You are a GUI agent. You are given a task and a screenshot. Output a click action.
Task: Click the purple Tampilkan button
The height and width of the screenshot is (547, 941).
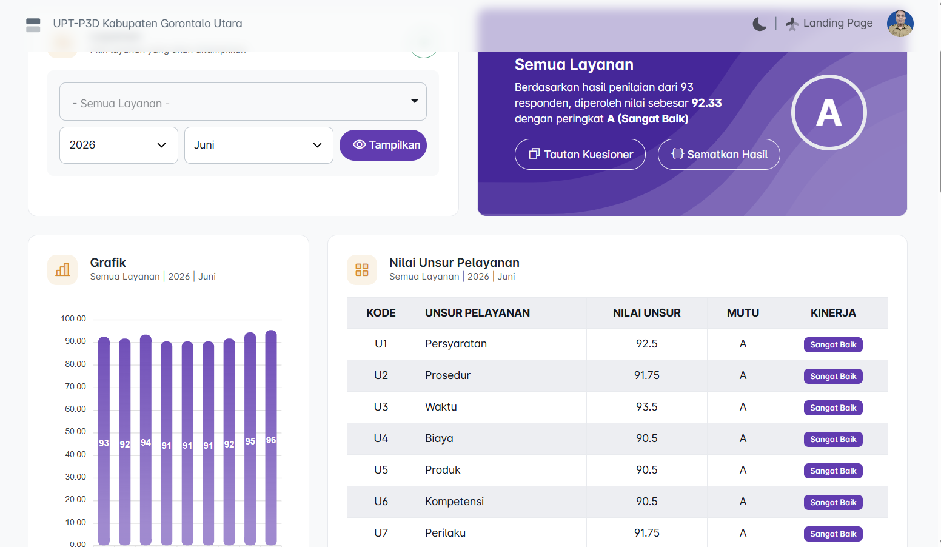383,145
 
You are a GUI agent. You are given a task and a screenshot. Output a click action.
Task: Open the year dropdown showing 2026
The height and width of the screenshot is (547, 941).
118,145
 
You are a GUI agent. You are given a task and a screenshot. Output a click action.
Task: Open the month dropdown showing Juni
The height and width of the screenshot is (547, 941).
258,145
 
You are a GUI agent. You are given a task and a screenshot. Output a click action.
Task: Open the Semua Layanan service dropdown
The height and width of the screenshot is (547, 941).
243,102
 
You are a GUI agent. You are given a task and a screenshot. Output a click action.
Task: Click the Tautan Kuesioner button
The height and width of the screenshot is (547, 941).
580,154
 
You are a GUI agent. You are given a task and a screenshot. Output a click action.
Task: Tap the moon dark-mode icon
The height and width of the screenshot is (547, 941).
759,24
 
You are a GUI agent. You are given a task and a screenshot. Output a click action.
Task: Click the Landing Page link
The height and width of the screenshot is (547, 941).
829,23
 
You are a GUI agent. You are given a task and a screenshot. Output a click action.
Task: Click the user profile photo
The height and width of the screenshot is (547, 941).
900,24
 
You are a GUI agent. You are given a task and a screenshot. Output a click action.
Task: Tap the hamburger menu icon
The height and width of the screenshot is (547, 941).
33,25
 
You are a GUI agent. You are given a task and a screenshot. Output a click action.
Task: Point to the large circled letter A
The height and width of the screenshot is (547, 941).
828,113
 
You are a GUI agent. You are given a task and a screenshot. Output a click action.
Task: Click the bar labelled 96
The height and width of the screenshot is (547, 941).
271,438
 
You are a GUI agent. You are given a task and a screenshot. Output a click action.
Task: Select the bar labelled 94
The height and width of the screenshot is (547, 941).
146,440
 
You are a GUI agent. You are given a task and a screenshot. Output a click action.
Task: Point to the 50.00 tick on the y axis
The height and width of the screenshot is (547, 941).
75,431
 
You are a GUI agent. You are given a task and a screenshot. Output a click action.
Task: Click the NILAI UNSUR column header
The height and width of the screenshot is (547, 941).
646,313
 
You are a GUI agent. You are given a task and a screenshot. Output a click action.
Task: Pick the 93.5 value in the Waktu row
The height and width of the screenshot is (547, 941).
646,407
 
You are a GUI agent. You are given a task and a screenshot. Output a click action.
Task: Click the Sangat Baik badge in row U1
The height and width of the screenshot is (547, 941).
833,344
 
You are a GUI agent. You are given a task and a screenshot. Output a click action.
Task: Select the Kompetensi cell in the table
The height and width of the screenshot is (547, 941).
454,501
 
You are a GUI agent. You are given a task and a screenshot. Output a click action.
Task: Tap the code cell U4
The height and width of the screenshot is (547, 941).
381,438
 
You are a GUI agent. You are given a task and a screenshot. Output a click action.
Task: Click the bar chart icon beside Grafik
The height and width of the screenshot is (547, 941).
62,270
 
